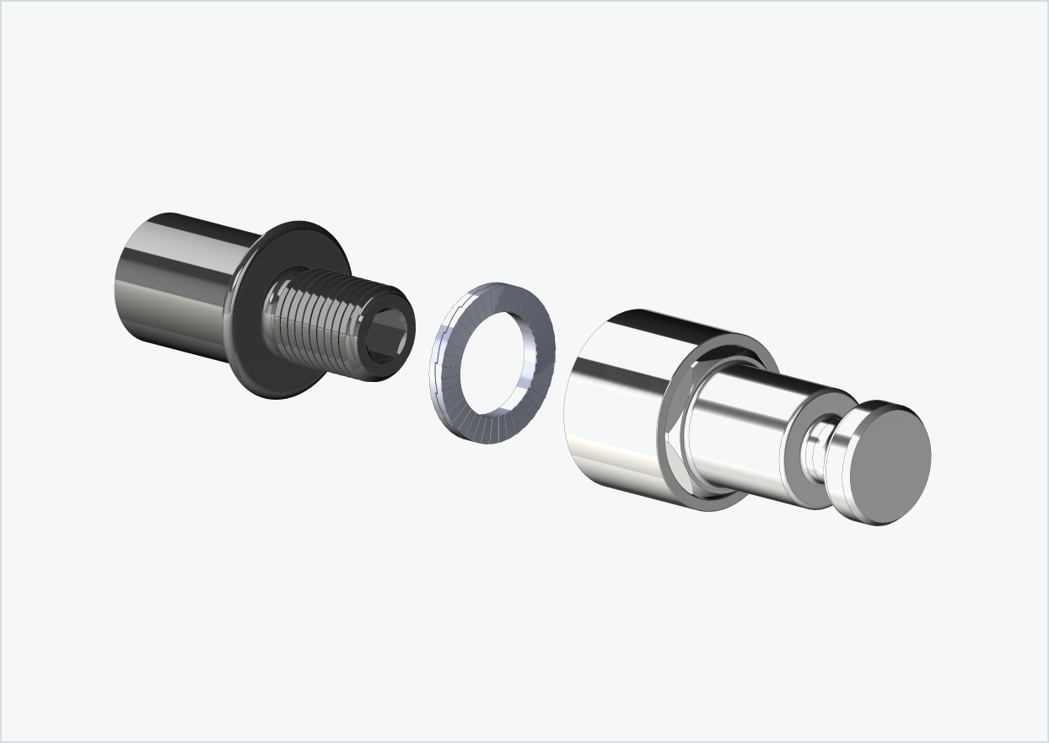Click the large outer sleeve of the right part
click(616, 405)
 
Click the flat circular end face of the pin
click(890, 464)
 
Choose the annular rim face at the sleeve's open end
click(675, 439)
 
